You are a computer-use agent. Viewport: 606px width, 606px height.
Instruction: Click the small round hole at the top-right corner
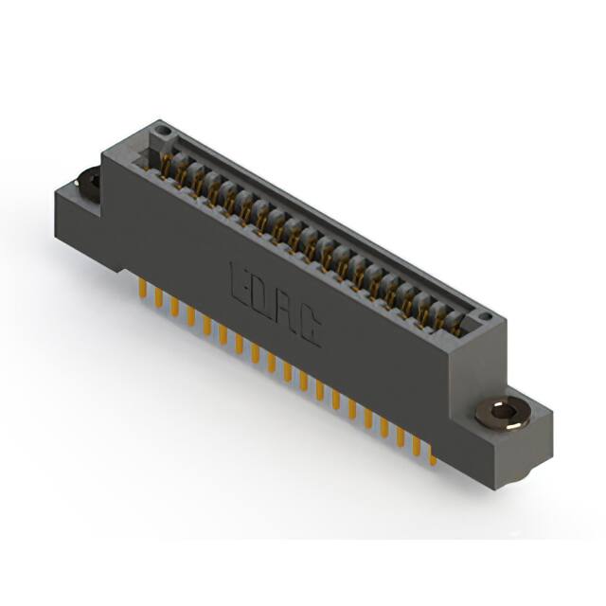coord(484,317)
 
